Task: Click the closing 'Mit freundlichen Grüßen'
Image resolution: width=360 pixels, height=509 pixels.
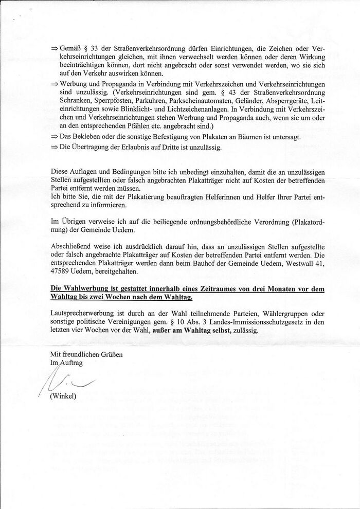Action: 85,355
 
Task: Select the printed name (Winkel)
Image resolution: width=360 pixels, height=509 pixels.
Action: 63,396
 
